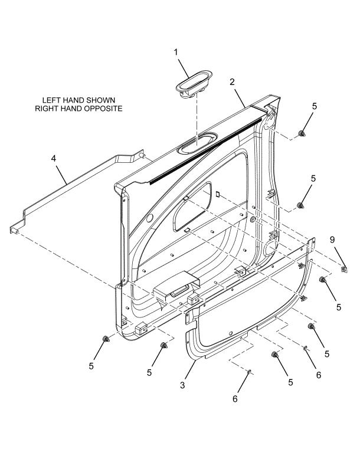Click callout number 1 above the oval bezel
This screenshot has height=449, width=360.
pos(175,53)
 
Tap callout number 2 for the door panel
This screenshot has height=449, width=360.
pos(232,82)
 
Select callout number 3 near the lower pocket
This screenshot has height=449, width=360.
pos(183,385)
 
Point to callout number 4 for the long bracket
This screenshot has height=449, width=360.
pos(54,158)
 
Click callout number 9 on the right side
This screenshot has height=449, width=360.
pos(332,240)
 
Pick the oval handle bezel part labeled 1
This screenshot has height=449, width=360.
pos(194,84)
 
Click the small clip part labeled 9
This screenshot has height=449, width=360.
pos(344,269)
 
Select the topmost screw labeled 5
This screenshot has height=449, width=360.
pos(301,133)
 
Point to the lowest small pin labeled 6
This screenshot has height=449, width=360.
pos(249,371)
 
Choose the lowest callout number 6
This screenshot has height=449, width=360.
pos(235,399)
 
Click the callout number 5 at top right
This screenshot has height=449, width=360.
pos(315,106)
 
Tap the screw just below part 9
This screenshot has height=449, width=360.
pos(323,280)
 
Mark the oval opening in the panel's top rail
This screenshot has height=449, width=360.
pos(198,142)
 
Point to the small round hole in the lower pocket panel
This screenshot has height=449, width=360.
pos(231,333)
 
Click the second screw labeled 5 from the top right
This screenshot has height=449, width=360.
pos(300,205)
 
